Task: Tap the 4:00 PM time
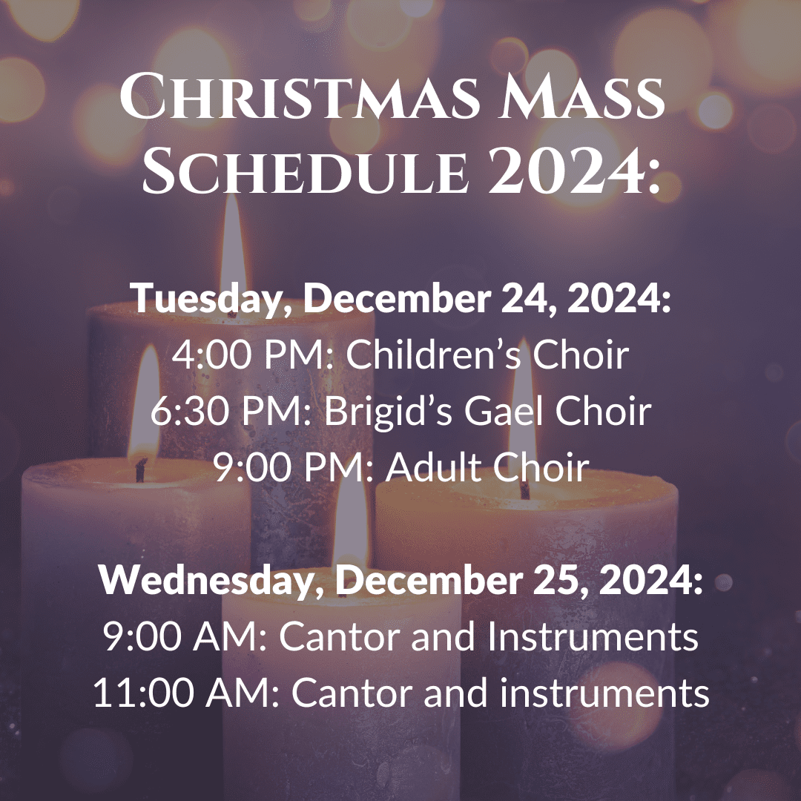[x=252, y=355]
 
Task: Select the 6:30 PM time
[x=231, y=411]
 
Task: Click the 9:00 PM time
[x=294, y=467]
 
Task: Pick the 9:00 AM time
[x=185, y=636]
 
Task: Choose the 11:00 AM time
[x=186, y=693]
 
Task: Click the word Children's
[x=434, y=355]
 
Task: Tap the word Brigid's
[x=388, y=412]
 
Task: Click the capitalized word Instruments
[x=593, y=636]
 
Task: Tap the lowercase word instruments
[x=604, y=693]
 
